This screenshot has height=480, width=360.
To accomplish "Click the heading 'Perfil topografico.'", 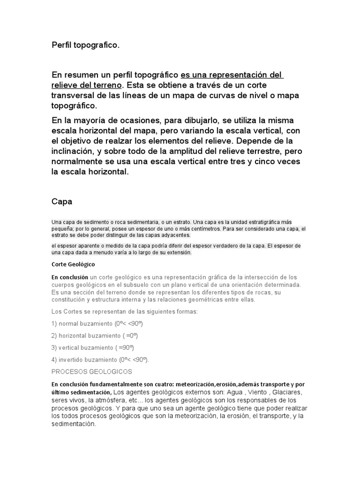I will coord(85,45).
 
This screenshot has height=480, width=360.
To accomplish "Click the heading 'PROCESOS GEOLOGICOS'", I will coord(92,372).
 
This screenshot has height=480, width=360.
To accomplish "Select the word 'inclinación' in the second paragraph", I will coord(75,151).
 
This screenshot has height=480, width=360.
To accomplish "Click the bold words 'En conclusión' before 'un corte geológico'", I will coord(70,277).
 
